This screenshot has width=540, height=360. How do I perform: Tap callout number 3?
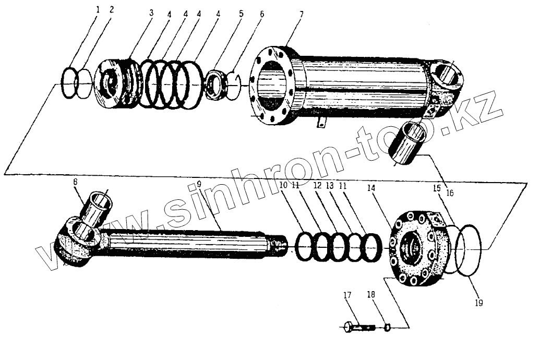[x=151, y=12]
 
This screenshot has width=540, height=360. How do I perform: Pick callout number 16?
[x=450, y=193]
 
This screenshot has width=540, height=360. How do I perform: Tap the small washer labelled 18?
[x=387, y=327]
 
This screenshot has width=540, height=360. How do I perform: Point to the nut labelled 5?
[x=214, y=84]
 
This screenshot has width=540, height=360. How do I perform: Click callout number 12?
[x=317, y=184]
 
